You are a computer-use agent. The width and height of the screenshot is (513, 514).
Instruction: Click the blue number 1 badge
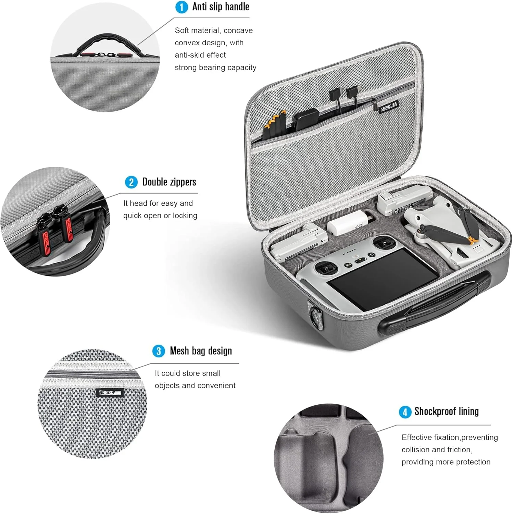click(182, 7)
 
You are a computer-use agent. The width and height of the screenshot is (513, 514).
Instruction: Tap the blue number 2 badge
click(131, 182)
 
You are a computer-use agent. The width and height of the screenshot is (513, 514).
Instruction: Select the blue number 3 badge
click(159, 351)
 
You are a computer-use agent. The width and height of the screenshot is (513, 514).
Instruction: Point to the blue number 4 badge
click(405, 412)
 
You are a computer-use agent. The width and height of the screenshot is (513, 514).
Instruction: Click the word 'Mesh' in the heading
click(179, 351)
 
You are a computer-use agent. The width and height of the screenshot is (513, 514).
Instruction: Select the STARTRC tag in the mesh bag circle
click(110, 392)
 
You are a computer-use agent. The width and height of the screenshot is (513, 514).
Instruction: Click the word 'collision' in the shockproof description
click(416, 450)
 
